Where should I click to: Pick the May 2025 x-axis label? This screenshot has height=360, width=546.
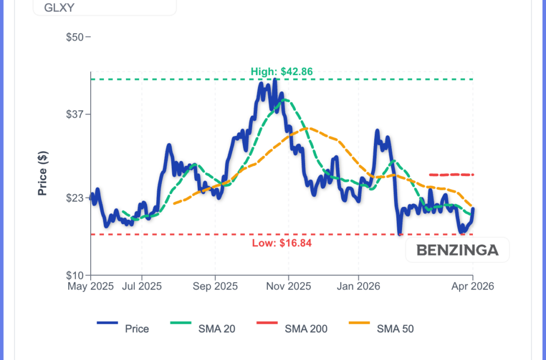91,286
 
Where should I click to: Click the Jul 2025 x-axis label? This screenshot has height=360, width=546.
142,286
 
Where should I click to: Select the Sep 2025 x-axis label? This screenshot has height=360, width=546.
215,286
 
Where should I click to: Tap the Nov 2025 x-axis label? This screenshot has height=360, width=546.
288,286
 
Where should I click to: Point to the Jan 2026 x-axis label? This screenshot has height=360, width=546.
358,286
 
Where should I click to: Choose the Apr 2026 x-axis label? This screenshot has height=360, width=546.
472,286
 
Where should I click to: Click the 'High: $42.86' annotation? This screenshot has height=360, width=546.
282,71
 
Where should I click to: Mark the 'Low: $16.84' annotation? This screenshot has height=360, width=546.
282,243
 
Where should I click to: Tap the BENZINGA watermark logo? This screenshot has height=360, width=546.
457,250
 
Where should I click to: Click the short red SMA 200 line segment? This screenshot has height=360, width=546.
452,174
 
